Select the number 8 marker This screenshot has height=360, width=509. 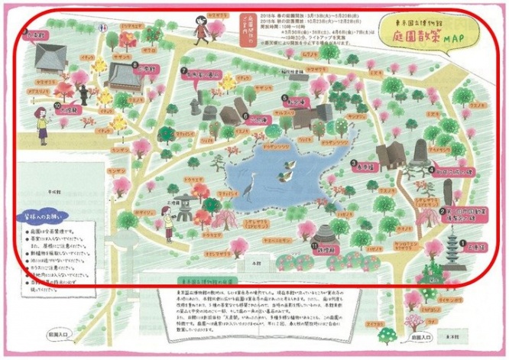(135, 66)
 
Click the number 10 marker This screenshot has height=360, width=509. (57, 107)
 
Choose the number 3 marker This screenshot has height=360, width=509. (354, 163)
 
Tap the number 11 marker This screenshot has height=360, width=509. (314, 245)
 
